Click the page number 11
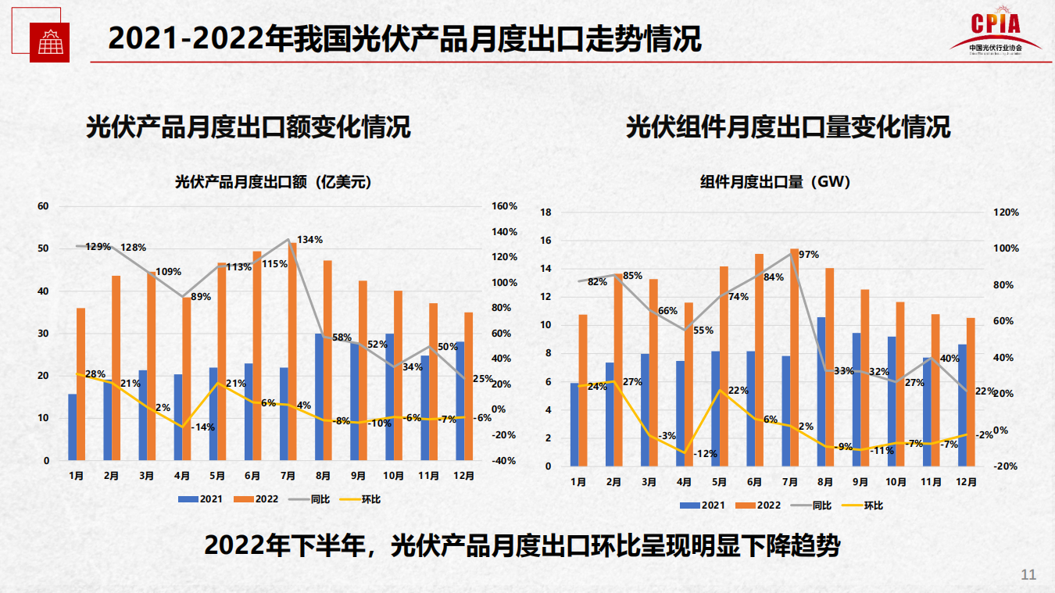coord(1028,575)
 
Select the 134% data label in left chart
coord(309,240)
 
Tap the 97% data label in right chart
coord(808,255)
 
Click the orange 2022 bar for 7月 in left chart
coord(293,352)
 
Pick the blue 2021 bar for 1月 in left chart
coord(73,427)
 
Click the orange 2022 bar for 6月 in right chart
coord(759,359)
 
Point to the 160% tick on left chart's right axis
coord(504,206)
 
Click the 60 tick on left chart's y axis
coord(44,206)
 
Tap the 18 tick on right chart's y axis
coord(546,213)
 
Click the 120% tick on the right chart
coord(1006,213)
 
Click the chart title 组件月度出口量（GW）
coord(774,182)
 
